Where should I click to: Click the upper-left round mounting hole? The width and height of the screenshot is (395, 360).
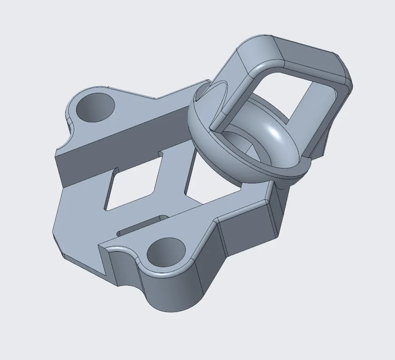tap(95, 107)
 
